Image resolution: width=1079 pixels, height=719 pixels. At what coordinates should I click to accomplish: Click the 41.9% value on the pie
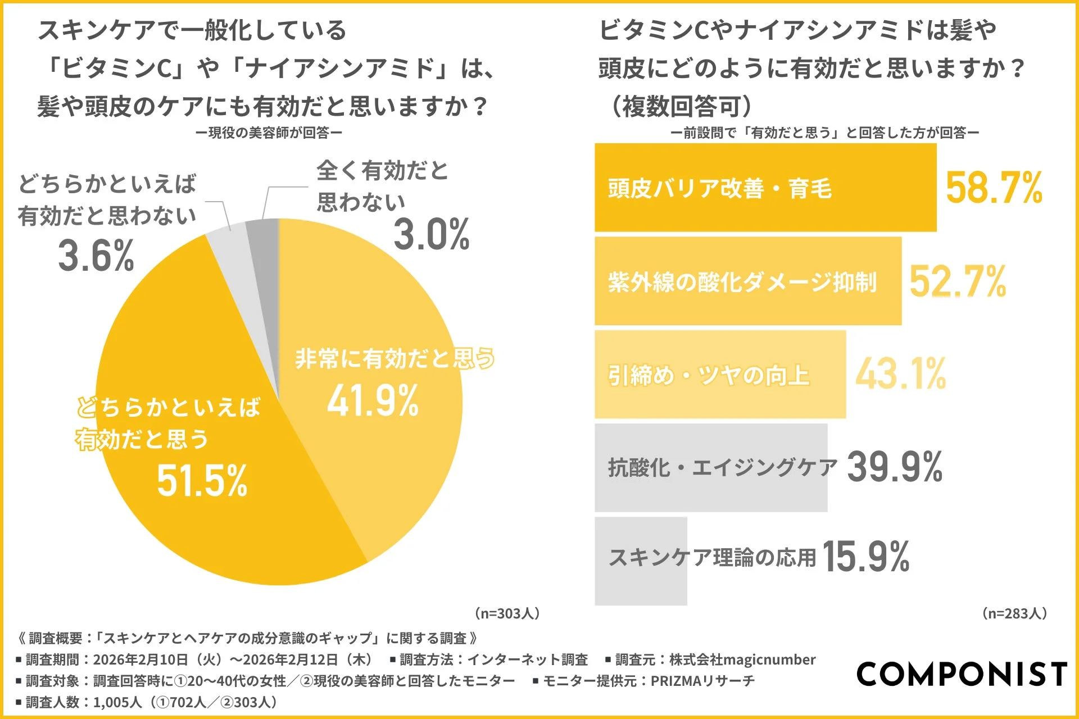click(x=373, y=401)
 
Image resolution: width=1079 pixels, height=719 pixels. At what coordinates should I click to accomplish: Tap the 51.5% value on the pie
click(x=202, y=480)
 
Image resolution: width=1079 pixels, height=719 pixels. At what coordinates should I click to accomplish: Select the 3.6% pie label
click(x=96, y=256)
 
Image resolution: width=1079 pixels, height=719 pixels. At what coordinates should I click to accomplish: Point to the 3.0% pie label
click(x=431, y=234)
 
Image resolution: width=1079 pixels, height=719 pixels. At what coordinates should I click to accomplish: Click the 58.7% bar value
click(x=994, y=188)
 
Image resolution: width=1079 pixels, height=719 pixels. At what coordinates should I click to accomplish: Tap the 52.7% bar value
click(x=958, y=281)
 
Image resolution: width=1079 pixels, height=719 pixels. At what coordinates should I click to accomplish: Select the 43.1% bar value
click(x=900, y=374)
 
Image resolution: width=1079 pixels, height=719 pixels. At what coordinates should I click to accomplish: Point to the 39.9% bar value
click(x=894, y=467)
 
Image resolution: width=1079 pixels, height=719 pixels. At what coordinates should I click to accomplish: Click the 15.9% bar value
click(x=865, y=557)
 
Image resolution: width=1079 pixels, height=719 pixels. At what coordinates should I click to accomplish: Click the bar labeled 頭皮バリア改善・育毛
click(x=764, y=188)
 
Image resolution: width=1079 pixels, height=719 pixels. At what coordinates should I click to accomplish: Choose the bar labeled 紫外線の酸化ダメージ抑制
click(x=747, y=281)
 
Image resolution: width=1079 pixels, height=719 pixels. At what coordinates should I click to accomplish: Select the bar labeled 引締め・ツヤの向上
click(x=719, y=375)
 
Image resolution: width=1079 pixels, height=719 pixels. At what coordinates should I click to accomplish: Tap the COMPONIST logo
click(x=962, y=674)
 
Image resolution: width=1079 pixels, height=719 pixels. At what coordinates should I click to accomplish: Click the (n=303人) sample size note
click(x=507, y=613)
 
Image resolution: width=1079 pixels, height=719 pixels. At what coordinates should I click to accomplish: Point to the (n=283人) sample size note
click(x=1014, y=613)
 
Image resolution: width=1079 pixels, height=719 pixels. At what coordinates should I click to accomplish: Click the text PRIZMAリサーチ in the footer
click(x=702, y=681)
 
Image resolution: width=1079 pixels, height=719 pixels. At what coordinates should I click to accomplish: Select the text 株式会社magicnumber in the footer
click(x=742, y=659)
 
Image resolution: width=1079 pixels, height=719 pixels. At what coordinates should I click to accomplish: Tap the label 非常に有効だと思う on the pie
click(x=395, y=358)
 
